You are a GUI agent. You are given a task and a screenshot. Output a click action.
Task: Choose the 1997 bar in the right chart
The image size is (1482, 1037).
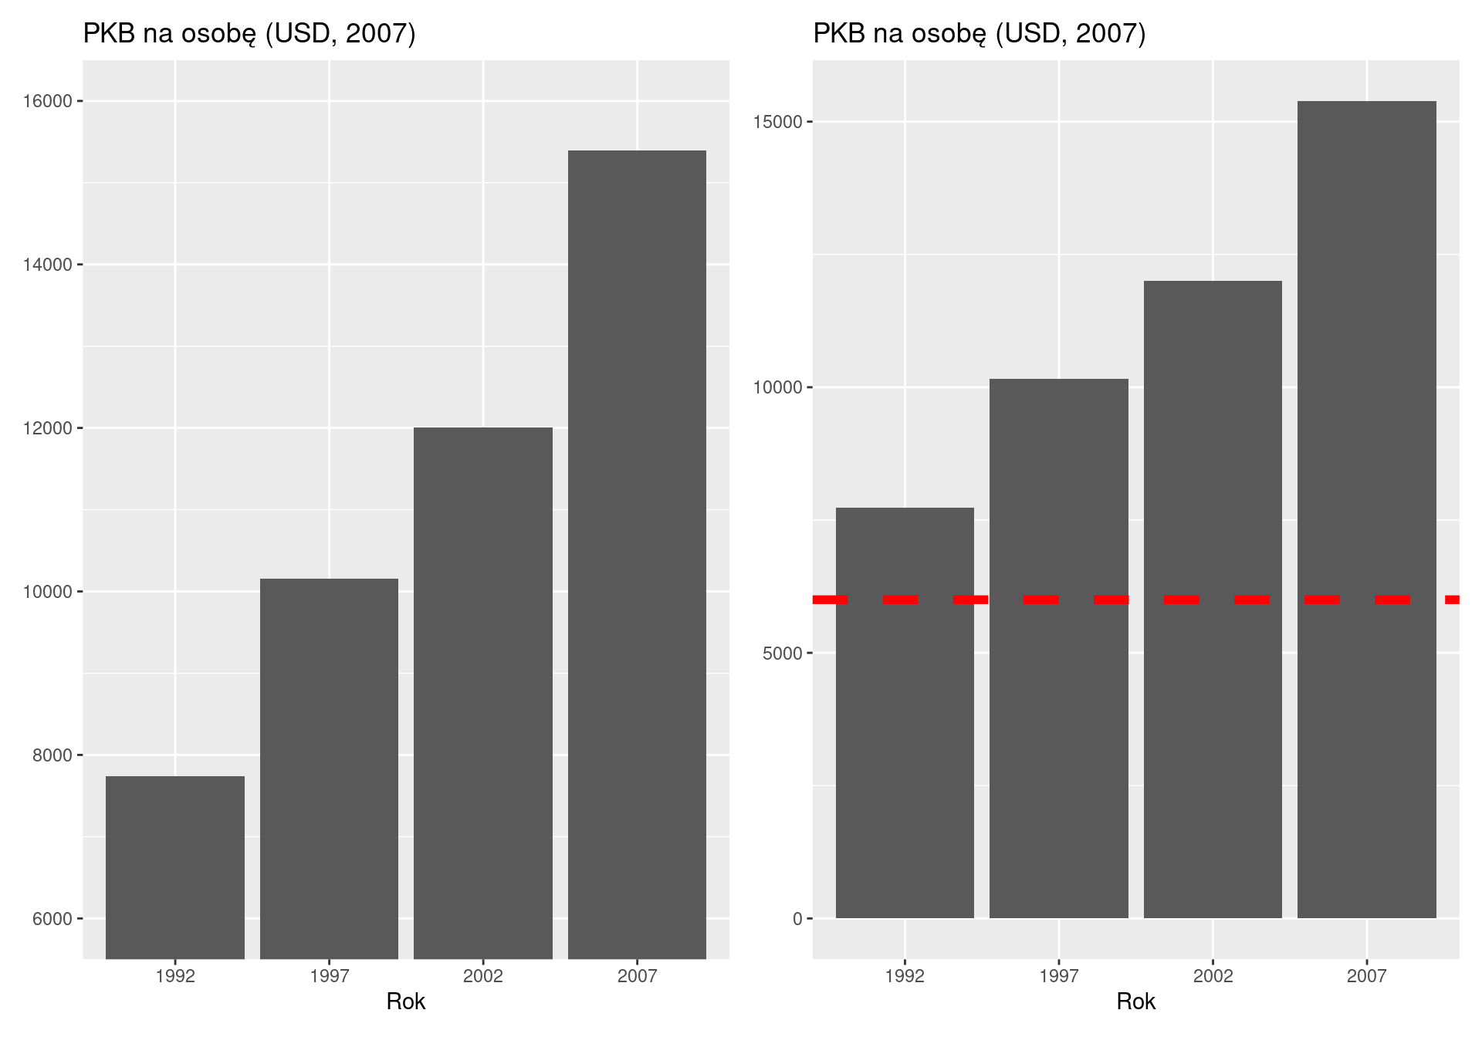1058,648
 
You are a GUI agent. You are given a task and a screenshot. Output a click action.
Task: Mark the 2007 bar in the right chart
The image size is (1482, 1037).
1366,509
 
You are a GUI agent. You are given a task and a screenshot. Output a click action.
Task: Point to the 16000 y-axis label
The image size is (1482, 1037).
48,102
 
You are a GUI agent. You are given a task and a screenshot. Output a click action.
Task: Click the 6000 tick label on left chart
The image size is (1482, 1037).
52,919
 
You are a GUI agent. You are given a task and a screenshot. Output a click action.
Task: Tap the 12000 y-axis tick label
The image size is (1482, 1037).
48,429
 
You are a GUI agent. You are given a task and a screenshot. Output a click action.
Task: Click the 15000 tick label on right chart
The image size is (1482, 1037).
778,123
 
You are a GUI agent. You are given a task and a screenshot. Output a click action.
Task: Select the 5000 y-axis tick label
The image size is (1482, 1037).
783,654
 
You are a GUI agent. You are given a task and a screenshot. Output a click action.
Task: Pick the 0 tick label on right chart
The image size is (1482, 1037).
797,919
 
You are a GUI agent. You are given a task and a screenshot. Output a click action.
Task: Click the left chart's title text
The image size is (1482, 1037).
249,34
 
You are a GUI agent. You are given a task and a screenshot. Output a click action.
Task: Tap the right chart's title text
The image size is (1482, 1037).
980,34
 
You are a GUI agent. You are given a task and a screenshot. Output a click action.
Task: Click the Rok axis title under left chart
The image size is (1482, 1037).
406,1002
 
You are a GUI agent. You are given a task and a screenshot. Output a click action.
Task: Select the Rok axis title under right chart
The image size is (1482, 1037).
1135,1002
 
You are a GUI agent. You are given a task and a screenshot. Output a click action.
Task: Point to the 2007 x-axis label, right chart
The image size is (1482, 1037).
1366,976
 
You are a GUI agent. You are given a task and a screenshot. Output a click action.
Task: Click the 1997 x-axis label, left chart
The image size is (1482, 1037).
329,976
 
